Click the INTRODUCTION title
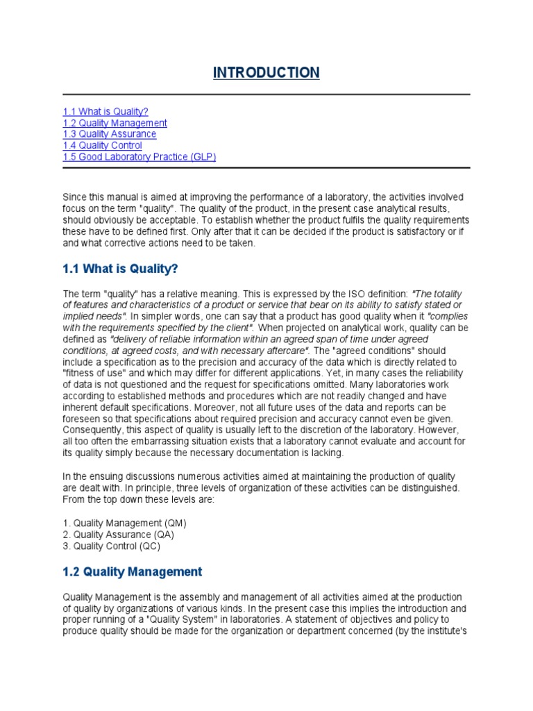pyautogui.click(x=266, y=73)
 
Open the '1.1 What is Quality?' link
pyautogui.click(x=105, y=112)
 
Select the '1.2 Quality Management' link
pyautogui.click(x=115, y=123)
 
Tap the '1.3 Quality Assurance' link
pyautogui.click(x=109, y=134)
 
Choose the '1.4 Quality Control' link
pyautogui.click(x=102, y=145)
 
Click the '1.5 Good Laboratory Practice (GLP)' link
pyautogui.click(x=139, y=156)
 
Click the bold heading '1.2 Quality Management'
pyautogui.click(x=133, y=571)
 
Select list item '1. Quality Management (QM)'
pyautogui.click(x=124, y=523)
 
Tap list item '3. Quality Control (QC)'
pyautogui.click(x=111, y=545)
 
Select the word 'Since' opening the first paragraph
pyautogui.click(x=74, y=198)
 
